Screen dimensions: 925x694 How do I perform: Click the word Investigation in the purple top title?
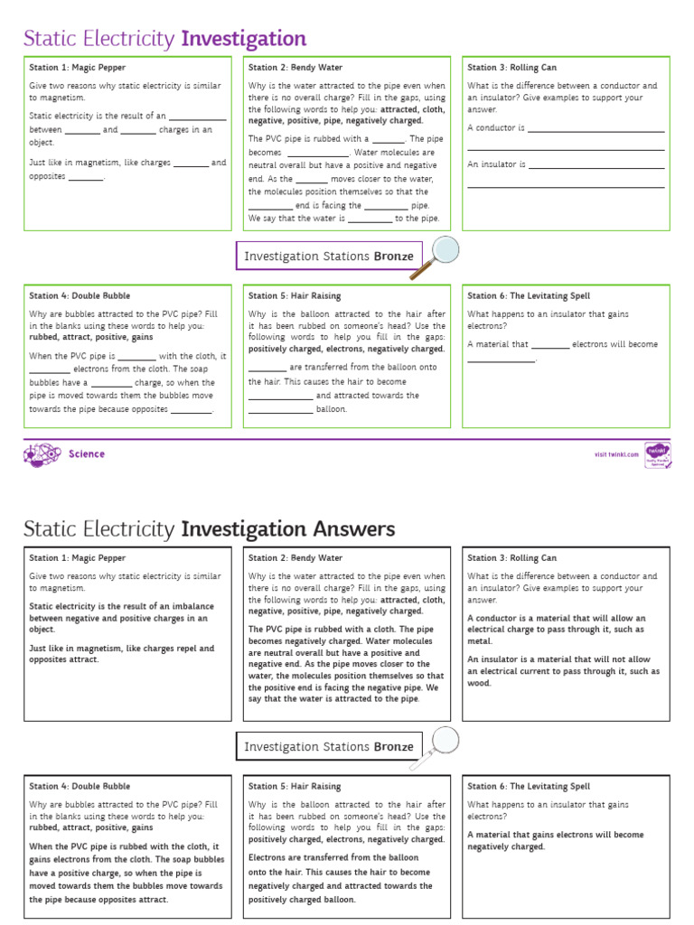[244, 39]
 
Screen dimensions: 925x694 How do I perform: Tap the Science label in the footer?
[87, 454]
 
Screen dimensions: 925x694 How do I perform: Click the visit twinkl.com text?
[616, 454]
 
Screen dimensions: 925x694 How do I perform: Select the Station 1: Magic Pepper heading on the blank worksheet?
[78, 68]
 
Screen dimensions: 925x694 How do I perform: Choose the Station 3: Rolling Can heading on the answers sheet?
[511, 558]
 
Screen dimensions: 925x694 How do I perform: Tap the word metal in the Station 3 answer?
[479, 641]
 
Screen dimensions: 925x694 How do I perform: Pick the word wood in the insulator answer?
[479, 683]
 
